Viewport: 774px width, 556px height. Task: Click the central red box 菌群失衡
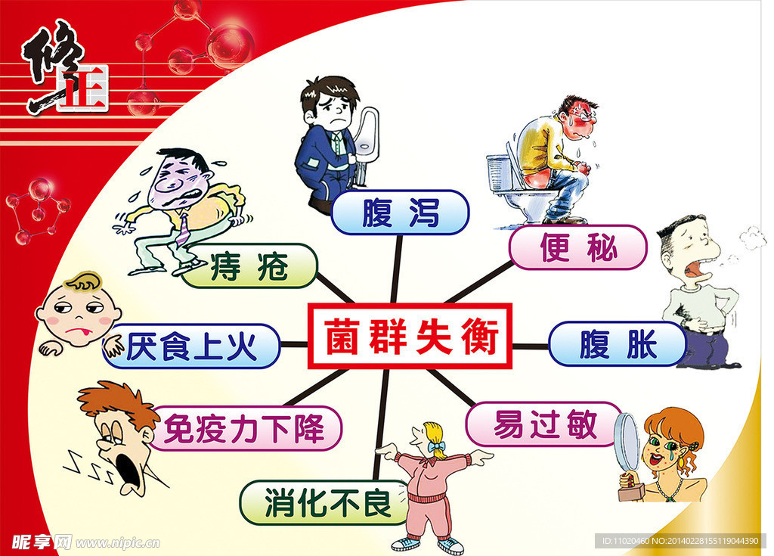[x=410, y=336]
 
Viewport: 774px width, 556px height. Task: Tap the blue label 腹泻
[x=400, y=212]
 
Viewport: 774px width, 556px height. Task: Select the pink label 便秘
[x=577, y=247]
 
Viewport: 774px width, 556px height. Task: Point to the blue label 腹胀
[x=617, y=344]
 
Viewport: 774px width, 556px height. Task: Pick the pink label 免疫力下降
[x=245, y=429]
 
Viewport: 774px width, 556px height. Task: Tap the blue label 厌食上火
[x=192, y=347]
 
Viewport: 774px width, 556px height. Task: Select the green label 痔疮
[x=249, y=266]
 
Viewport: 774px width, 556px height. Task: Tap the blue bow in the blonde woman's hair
[x=436, y=446]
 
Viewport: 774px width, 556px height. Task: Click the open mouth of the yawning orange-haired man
[x=128, y=473]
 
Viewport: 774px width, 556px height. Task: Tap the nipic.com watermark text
[x=117, y=542]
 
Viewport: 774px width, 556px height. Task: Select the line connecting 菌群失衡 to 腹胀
[x=531, y=346]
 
